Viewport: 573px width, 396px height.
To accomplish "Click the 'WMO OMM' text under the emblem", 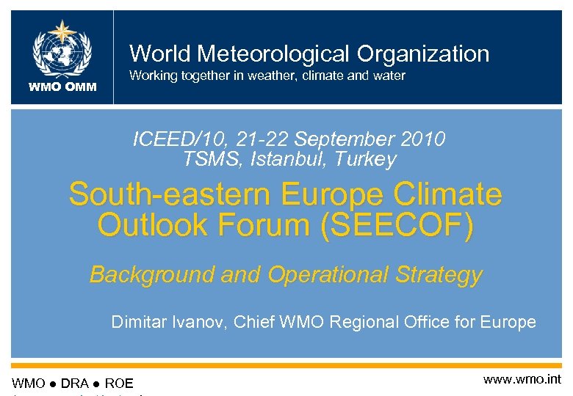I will (62, 88).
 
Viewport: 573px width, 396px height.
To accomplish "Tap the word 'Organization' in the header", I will (422, 54).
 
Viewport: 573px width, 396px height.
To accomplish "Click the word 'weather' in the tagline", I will (262, 76).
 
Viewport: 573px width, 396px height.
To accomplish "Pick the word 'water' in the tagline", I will (388, 76).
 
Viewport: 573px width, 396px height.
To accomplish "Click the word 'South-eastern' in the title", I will (172, 195).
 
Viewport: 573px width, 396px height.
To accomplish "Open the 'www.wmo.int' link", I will (522, 379).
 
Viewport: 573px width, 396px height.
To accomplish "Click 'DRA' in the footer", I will (75, 384).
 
